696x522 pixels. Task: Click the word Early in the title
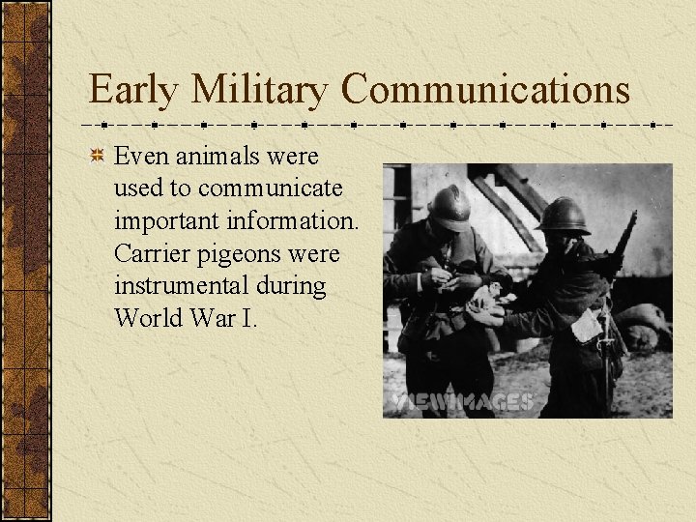coord(133,91)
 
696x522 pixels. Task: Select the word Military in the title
coord(260,91)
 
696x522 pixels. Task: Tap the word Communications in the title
coord(485,91)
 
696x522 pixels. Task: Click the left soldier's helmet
coord(449,206)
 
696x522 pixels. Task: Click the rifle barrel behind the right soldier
coord(623,237)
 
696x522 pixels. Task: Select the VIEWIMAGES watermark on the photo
coord(462,401)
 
